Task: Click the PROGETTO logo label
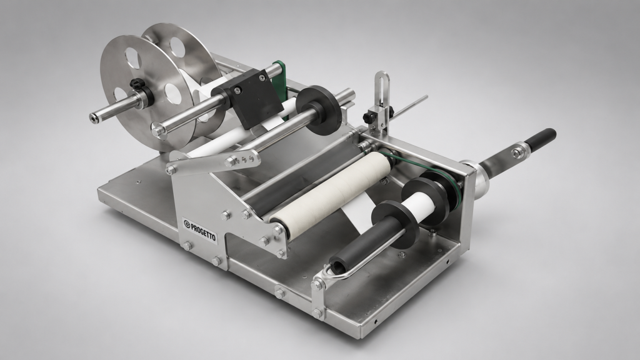pyautogui.click(x=200, y=231)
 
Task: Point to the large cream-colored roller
pyautogui.click(x=331, y=195)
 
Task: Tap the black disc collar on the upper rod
pyautogui.click(x=317, y=109)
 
